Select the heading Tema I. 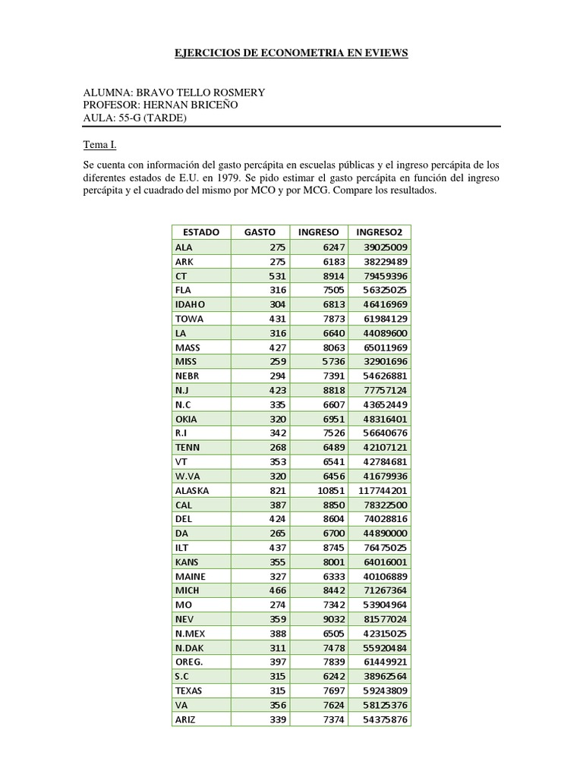point(99,144)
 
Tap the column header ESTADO point(201,232)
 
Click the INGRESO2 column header point(379,232)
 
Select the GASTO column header point(260,232)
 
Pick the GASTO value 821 point(276,490)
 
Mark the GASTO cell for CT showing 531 point(276,275)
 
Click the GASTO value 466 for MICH point(276,590)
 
